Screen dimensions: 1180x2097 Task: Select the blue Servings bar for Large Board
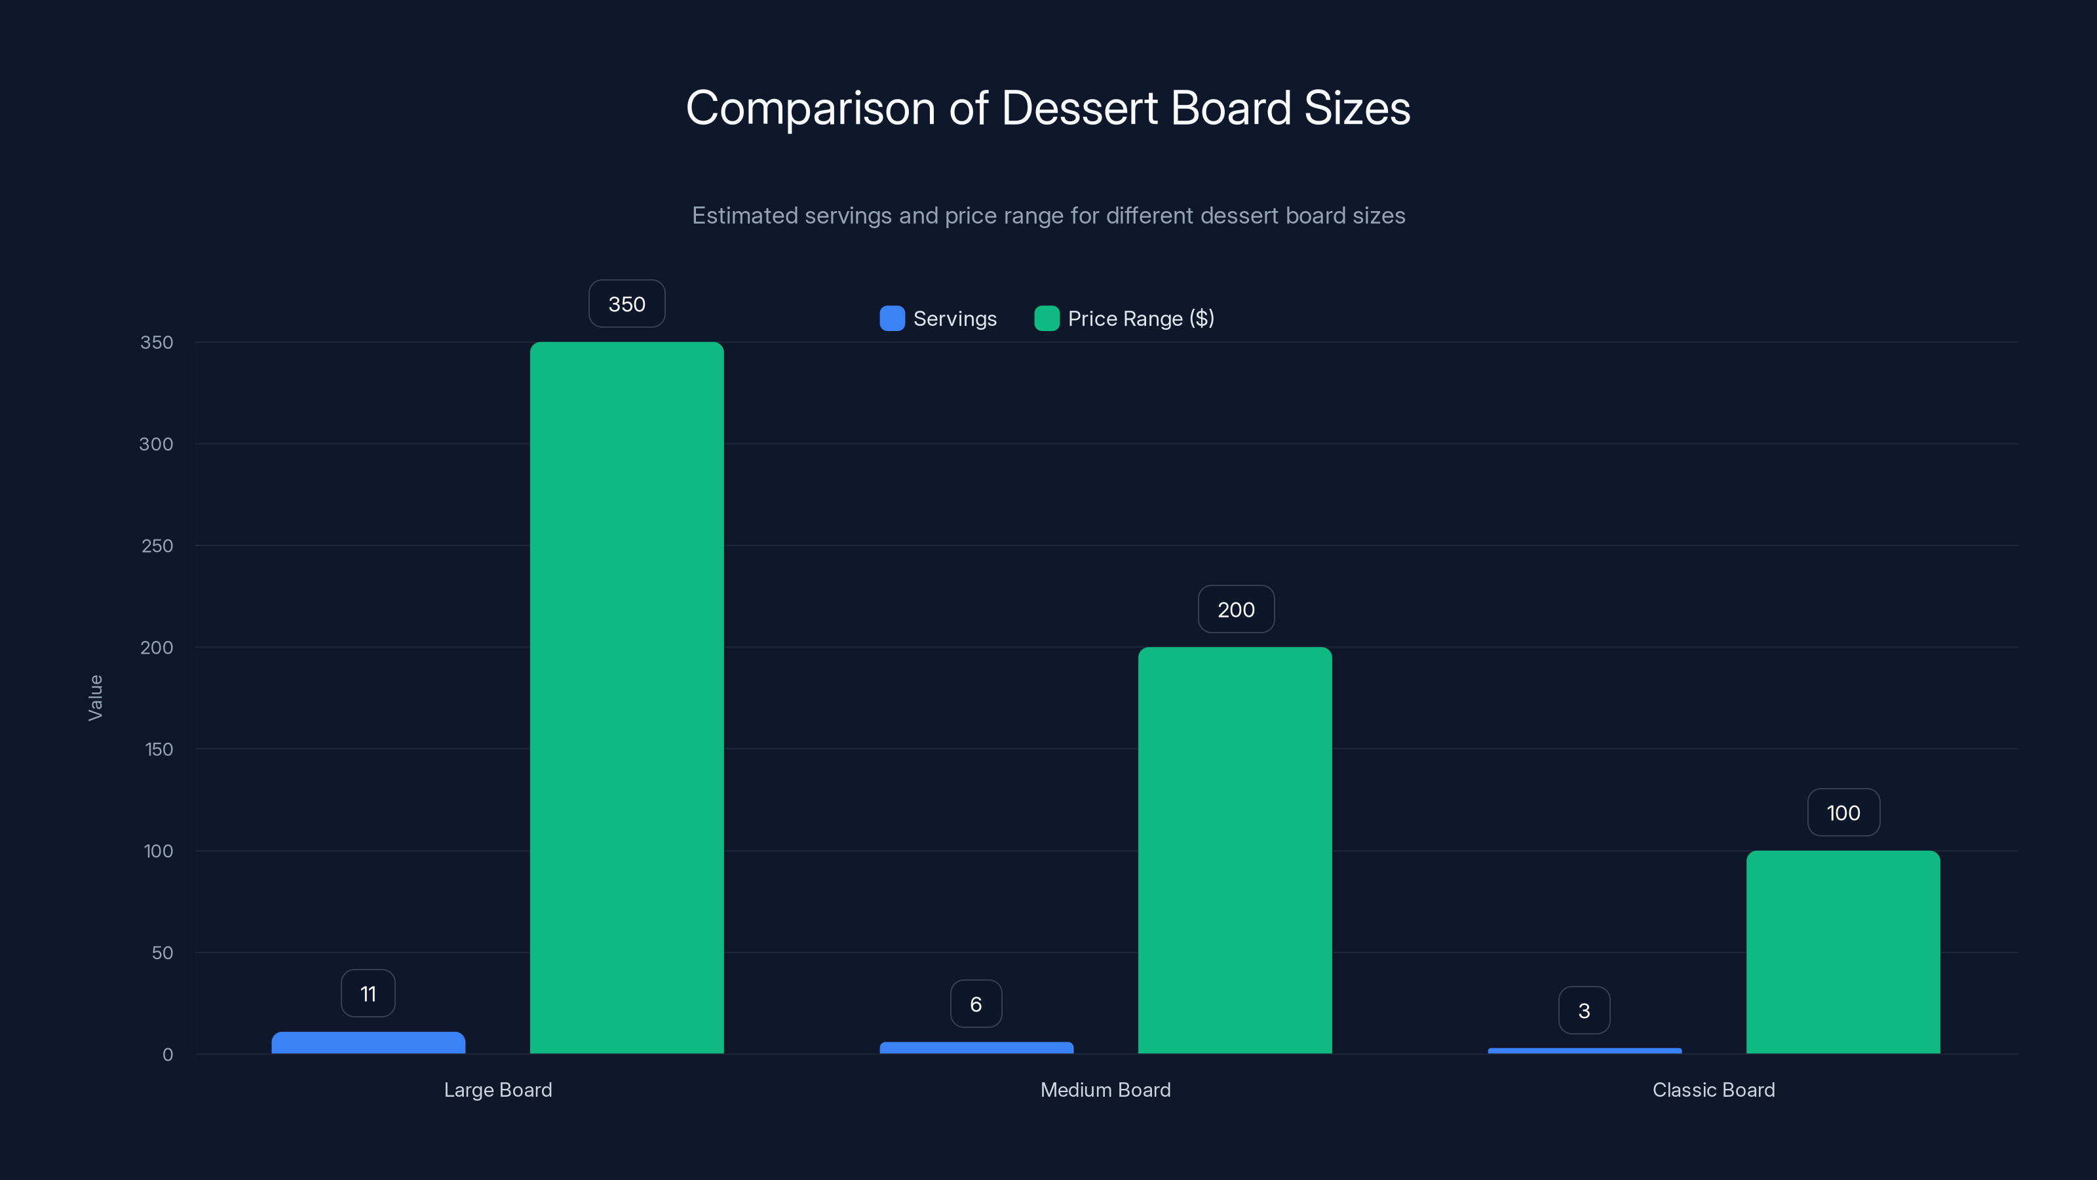368,1043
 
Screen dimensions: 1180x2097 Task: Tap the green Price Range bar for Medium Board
1235,850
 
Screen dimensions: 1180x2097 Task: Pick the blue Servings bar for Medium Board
976,1048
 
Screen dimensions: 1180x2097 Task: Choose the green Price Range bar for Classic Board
1843,952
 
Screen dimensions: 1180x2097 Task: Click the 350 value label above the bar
627,304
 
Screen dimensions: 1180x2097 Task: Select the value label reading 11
368,994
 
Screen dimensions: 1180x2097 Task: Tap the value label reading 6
976,1004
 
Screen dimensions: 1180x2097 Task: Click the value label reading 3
1584,1011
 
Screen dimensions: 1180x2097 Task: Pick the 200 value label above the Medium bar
1236,609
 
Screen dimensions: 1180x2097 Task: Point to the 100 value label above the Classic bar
1843,813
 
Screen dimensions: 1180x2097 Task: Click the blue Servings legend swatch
892,319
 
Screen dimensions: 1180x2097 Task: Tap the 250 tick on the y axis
157,545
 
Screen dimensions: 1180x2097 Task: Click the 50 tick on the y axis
162,953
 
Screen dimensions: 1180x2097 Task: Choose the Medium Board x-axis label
1106,1090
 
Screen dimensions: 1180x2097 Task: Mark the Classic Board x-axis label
1714,1090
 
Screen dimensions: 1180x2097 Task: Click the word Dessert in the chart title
1079,108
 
